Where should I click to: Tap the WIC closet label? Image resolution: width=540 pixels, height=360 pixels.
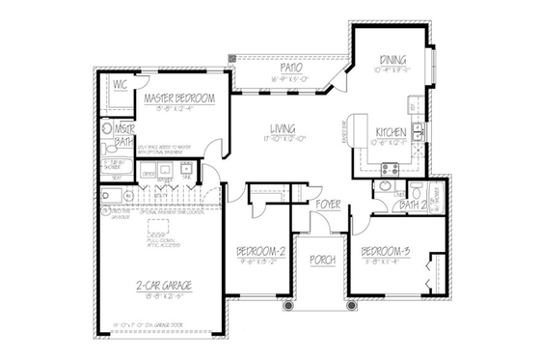(x=121, y=85)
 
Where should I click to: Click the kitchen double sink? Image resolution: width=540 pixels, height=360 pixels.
(x=418, y=132)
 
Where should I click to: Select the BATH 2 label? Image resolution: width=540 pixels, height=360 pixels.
(x=412, y=205)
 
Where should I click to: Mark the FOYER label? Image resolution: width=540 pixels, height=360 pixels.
(x=328, y=205)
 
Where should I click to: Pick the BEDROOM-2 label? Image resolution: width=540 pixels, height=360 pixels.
(x=262, y=253)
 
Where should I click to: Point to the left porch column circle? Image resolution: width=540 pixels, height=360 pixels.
(x=287, y=307)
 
